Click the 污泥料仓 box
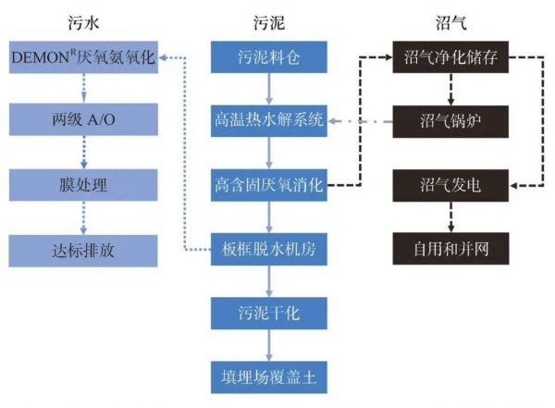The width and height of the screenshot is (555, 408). [268, 57]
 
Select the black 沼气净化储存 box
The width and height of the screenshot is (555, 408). [450, 57]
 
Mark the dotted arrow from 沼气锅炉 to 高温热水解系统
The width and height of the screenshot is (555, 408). [361, 120]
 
